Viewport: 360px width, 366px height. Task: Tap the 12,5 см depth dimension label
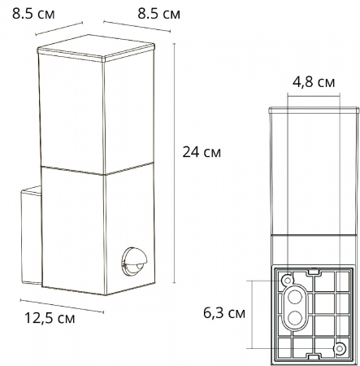pos(46,318)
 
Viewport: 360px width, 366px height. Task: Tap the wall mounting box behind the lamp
pos(30,236)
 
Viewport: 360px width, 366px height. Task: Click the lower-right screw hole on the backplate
pos(340,349)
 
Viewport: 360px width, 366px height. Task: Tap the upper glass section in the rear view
pos(313,171)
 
